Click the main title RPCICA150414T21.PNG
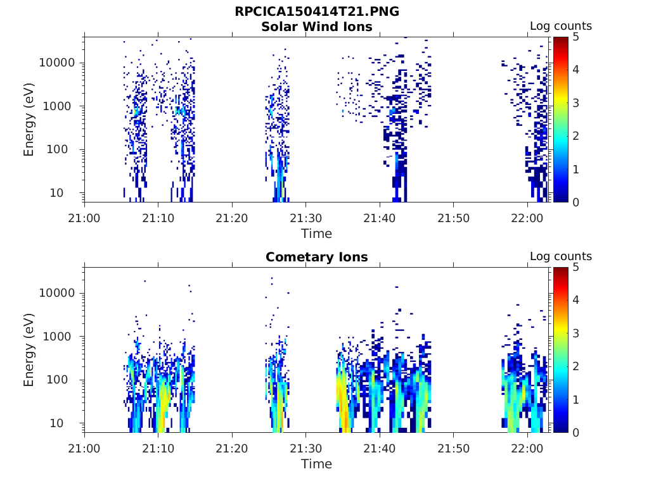316,11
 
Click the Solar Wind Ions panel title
316,27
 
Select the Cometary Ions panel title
316,257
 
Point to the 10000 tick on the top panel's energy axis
57,63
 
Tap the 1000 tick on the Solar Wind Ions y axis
60,106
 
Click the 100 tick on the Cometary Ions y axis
63,380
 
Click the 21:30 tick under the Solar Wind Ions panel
306,218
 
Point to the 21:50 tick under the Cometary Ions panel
454,449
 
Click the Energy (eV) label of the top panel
29,120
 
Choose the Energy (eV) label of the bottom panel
29,350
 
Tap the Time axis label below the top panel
316,234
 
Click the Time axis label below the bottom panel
316,464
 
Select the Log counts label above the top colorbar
560,26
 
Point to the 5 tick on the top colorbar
576,37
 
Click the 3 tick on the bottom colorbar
576,333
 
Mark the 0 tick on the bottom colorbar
576,433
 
